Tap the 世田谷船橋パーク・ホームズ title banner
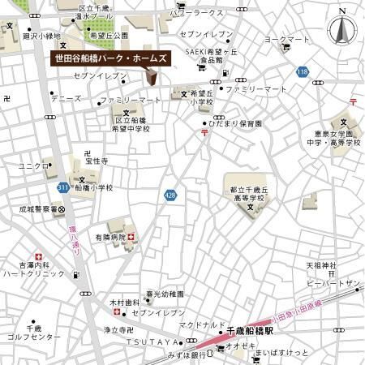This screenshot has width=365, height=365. tap(109, 59)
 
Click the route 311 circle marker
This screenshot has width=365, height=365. tap(63, 187)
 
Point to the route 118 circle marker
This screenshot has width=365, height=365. tap(303, 73)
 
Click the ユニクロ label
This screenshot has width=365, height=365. tap(34, 165)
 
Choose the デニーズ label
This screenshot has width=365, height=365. tap(65, 99)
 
